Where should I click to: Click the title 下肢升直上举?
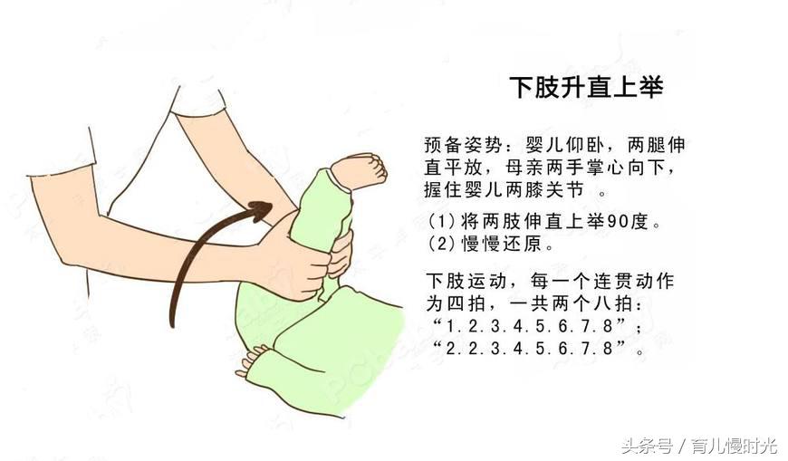click(x=587, y=88)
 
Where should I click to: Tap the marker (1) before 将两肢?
click(x=439, y=222)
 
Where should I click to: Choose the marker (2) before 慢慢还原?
click(x=439, y=245)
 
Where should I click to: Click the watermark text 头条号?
click(x=646, y=446)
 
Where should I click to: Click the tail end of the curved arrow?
click(x=171, y=323)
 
